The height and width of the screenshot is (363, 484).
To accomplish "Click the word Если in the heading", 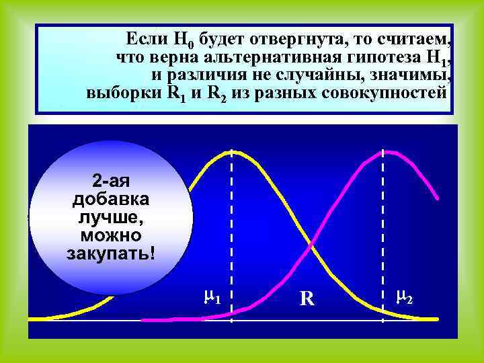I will click(148, 37).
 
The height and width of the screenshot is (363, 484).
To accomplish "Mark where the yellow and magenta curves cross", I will click(311, 247).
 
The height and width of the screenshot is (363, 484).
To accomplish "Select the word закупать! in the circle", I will click(111, 253).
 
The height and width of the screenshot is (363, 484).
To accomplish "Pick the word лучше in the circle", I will click(111, 218).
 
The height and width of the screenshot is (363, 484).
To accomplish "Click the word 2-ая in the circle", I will click(111, 182).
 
